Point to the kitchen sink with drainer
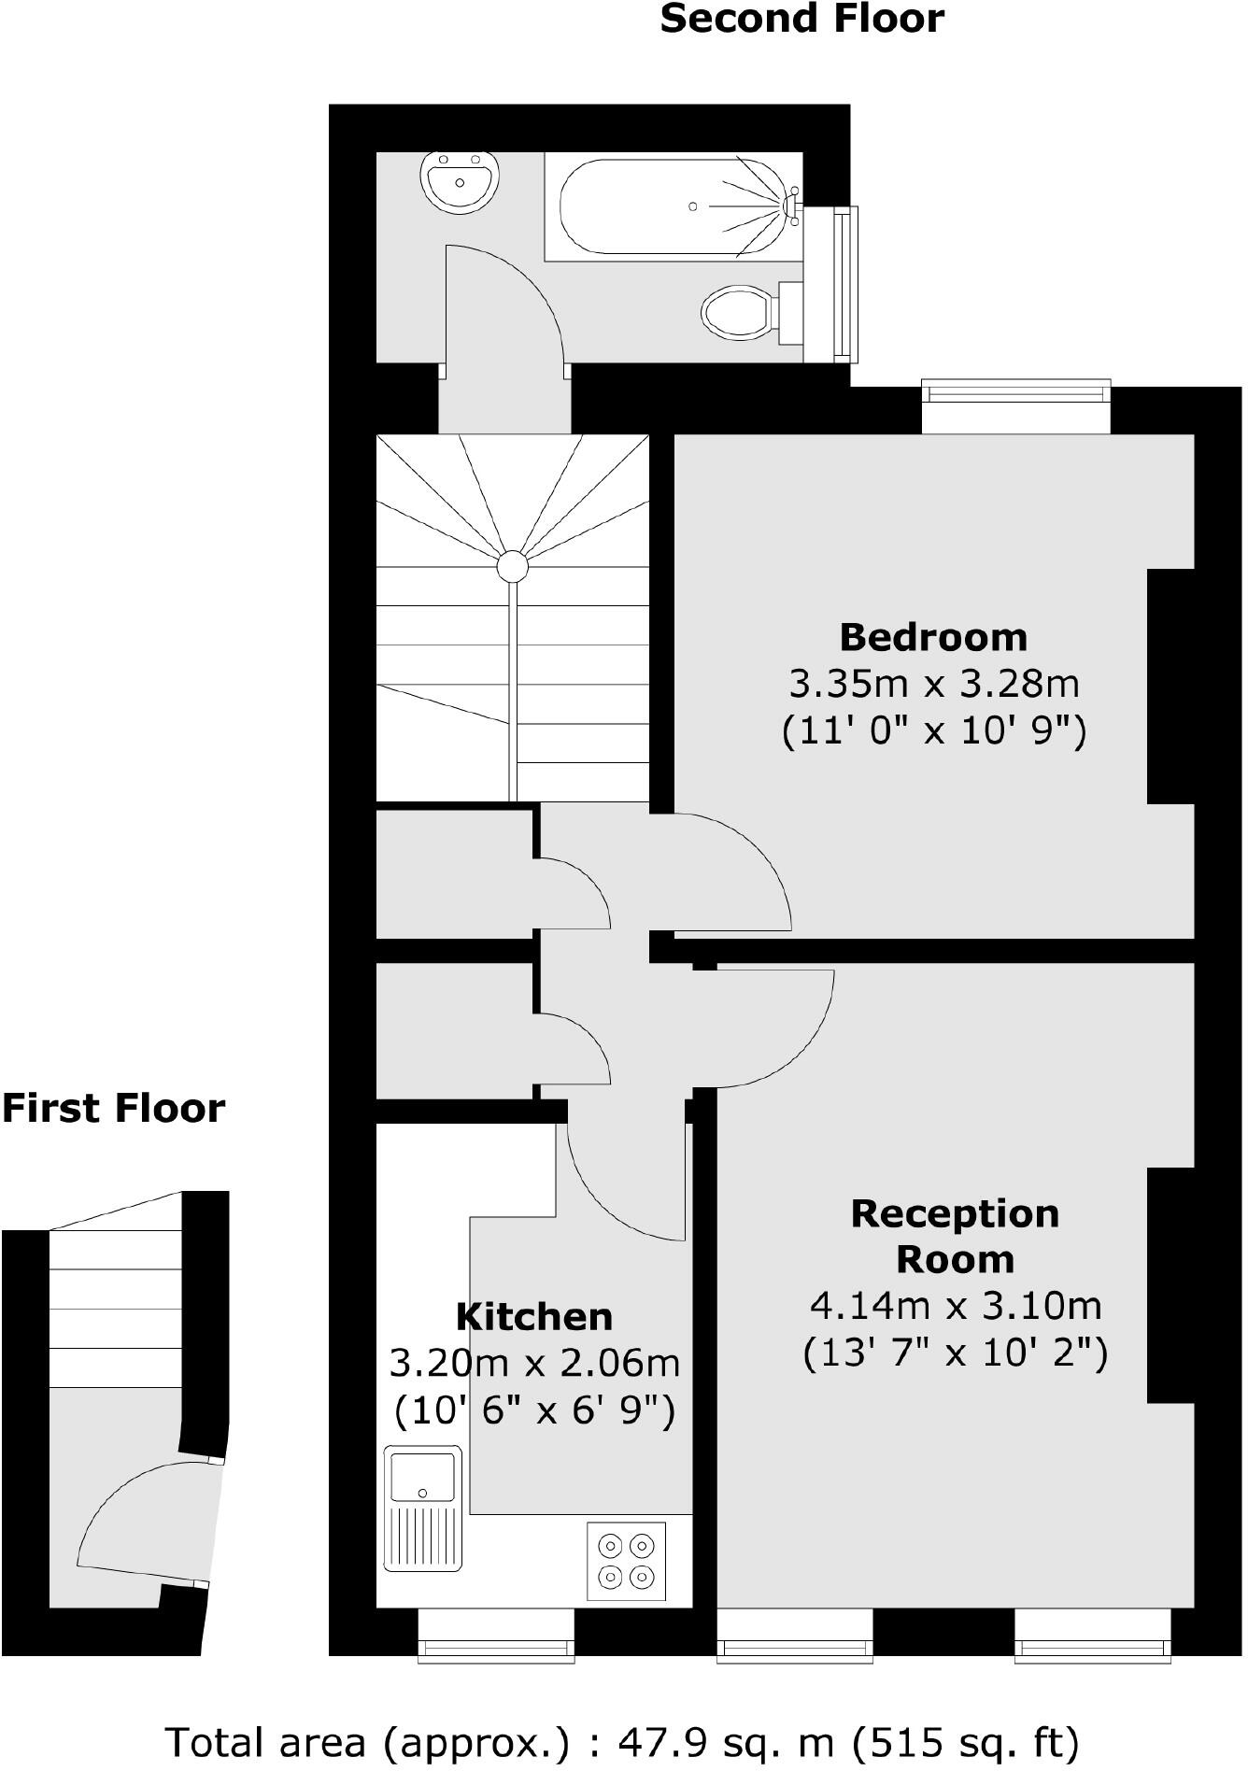point(423,1508)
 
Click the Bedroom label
point(933,637)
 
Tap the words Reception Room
point(955,1236)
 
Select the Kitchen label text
point(534,1316)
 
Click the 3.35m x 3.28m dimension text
point(933,684)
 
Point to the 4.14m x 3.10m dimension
point(955,1305)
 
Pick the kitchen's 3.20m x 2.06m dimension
point(534,1363)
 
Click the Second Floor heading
point(801,19)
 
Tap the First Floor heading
point(113,1108)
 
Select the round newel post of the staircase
point(512,566)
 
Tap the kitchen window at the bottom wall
point(495,1650)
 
